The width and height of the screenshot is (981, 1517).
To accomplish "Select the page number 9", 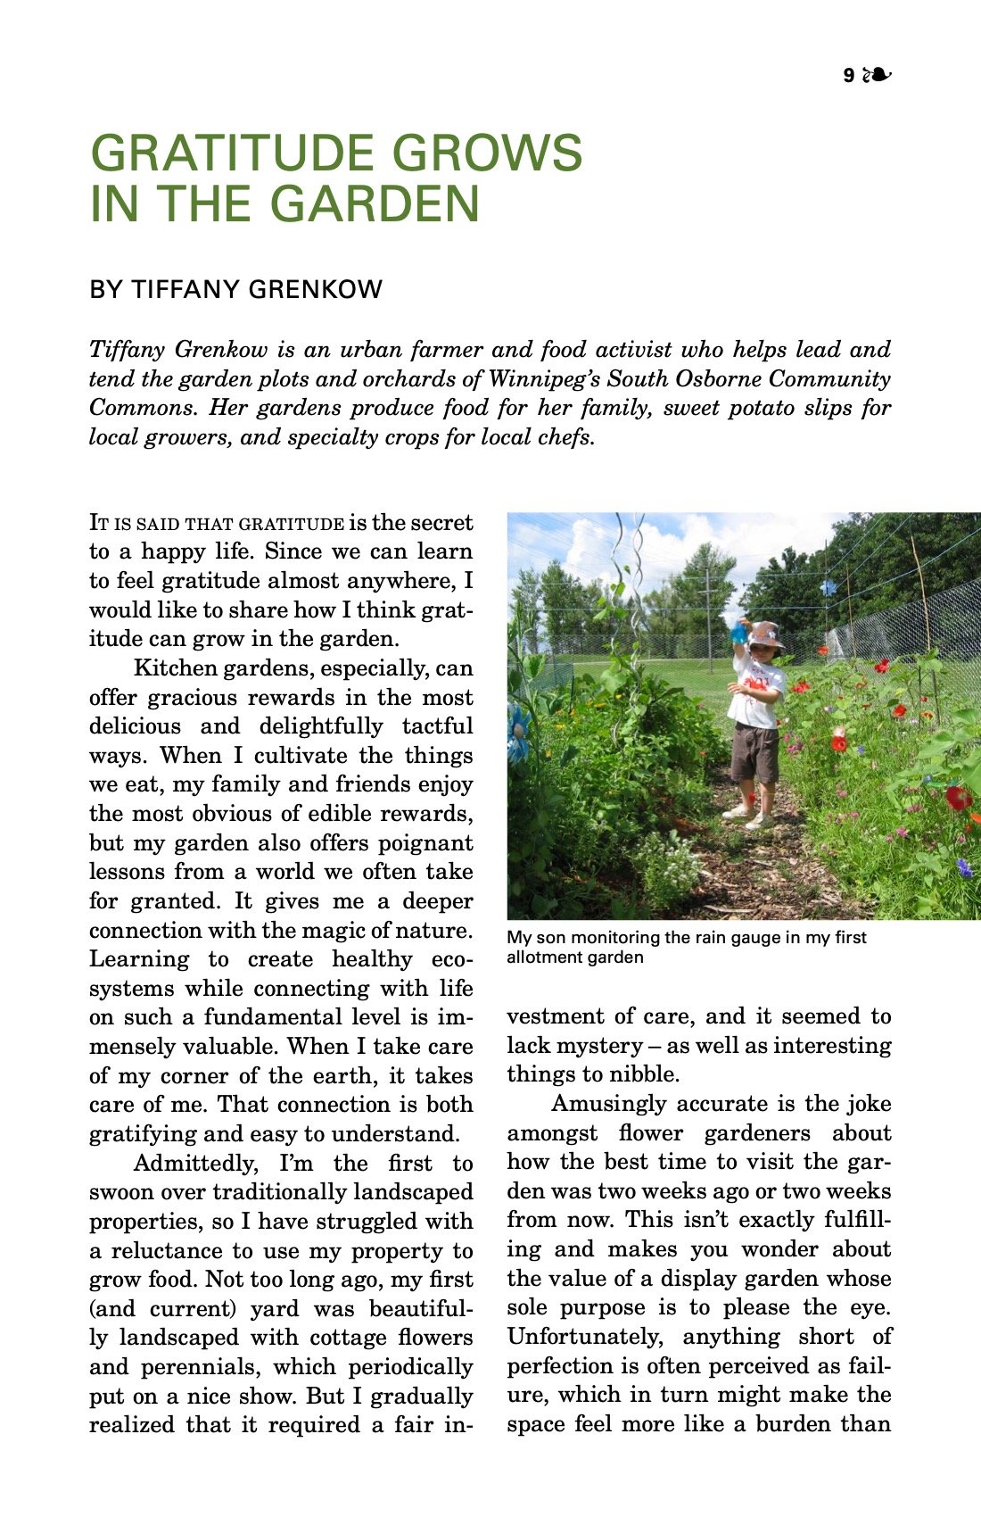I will (848, 76).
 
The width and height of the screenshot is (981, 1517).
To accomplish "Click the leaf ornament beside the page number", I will (878, 75).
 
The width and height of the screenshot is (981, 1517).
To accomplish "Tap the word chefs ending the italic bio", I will (569, 437).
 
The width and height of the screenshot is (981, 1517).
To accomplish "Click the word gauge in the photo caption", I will (757, 938).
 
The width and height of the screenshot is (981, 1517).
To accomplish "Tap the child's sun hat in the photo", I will (765, 634).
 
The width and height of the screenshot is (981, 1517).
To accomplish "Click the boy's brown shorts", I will (754, 754).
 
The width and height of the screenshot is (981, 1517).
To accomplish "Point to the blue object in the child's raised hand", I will (738, 632).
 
